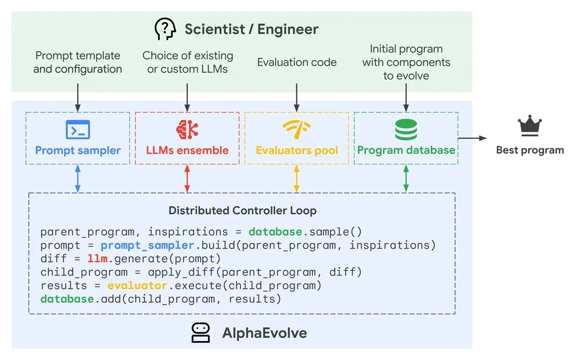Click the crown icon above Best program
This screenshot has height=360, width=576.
point(529,127)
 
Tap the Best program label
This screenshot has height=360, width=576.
point(529,150)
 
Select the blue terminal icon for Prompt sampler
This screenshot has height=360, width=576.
point(78,129)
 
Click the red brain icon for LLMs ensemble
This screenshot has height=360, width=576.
point(187,129)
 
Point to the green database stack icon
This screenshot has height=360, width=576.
point(406,129)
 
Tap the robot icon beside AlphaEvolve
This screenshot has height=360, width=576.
point(201,333)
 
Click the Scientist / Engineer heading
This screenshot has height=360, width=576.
point(251,29)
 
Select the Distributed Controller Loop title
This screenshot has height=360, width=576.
point(242,211)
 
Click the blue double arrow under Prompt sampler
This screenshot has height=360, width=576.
point(78,179)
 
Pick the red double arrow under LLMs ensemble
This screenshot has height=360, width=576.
point(187,179)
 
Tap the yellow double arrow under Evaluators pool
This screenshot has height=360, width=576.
point(297,179)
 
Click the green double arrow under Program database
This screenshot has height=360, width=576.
point(406,179)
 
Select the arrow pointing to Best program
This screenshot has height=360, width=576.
point(472,138)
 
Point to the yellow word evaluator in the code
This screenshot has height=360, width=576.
point(137,286)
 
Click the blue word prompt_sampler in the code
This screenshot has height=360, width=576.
point(147,246)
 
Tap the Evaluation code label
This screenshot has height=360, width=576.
point(297,62)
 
